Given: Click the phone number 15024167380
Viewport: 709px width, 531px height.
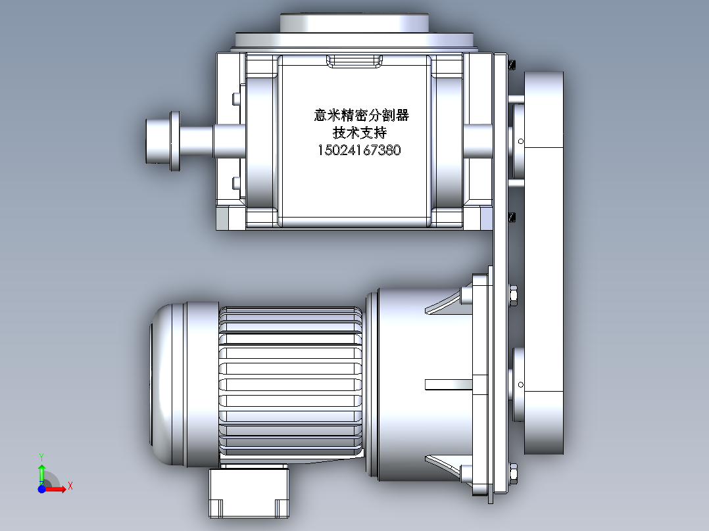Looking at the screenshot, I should pos(359,150).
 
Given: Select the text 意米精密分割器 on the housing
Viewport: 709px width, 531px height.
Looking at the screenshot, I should pos(361,116).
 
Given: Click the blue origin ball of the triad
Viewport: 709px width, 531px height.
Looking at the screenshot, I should pos(41,488).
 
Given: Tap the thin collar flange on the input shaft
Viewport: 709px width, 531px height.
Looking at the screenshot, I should pos(175,141).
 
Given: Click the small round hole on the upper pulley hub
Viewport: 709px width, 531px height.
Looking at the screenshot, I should pos(520,141).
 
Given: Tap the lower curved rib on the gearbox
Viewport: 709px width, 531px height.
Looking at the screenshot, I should pos(447,463).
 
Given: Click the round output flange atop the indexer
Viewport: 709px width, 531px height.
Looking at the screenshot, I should pos(355,23).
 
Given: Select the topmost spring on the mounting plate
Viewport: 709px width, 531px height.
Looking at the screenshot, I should pos(513,64).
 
